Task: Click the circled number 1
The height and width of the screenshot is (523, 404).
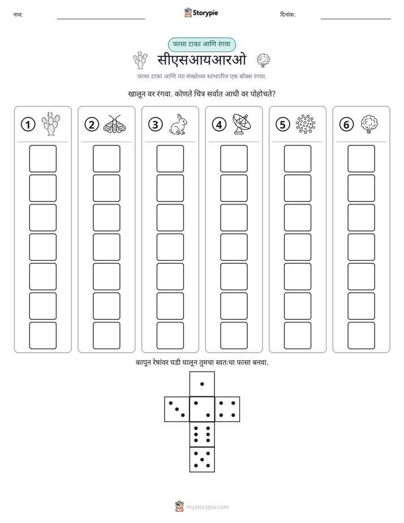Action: tap(28, 125)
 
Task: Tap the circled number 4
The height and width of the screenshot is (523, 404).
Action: tap(219, 125)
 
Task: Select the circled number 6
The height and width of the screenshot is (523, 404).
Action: tap(346, 125)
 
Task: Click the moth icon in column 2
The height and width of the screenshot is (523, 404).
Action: tap(114, 124)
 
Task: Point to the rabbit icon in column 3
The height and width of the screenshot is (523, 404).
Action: tap(178, 125)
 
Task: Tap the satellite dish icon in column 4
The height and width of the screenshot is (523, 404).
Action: tap(242, 124)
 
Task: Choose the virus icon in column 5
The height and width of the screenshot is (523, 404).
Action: tap(306, 125)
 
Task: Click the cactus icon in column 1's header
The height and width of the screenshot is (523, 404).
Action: tap(51, 124)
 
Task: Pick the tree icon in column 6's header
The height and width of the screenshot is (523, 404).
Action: tap(369, 125)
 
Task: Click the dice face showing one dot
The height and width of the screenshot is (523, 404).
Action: tap(202, 384)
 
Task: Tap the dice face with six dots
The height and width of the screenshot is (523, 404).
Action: tap(202, 434)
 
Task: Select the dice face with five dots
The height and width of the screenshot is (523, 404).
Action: tap(202, 459)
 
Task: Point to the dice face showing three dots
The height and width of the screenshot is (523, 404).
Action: tap(177, 409)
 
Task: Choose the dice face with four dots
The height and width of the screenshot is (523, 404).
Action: tap(227, 409)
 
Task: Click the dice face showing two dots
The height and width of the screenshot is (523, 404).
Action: tap(202, 409)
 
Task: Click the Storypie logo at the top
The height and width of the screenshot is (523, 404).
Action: tap(201, 13)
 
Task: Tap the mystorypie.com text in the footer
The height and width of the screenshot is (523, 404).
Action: tap(207, 507)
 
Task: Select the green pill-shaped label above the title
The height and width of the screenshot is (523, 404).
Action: tap(201, 44)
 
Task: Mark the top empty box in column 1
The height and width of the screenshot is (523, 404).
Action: tap(42, 158)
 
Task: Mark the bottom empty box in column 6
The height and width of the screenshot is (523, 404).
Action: tap(362, 335)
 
